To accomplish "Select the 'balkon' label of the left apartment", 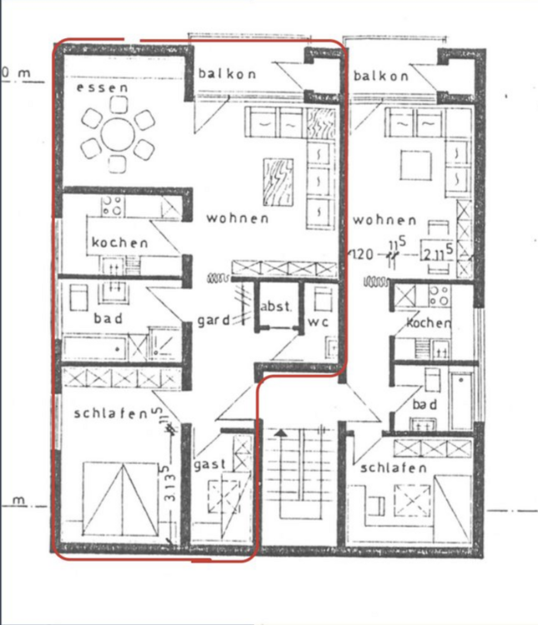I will click(x=227, y=74).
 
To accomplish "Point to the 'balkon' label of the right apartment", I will click(x=381, y=76).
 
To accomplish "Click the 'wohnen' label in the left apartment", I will click(x=238, y=218).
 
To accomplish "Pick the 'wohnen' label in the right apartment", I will click(x=384, y=220).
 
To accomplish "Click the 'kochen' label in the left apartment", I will click(x=120, y=242).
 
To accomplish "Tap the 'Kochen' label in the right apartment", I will click(x=429, y=322).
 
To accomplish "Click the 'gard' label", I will click(x=214, y=320).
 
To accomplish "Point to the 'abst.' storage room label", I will click(x=276, y=307).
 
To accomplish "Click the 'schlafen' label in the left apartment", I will click(x=110, y=412).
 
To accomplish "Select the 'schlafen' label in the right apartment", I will click(x=394, y=468).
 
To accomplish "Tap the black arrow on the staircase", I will click(x=281, y=434).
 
